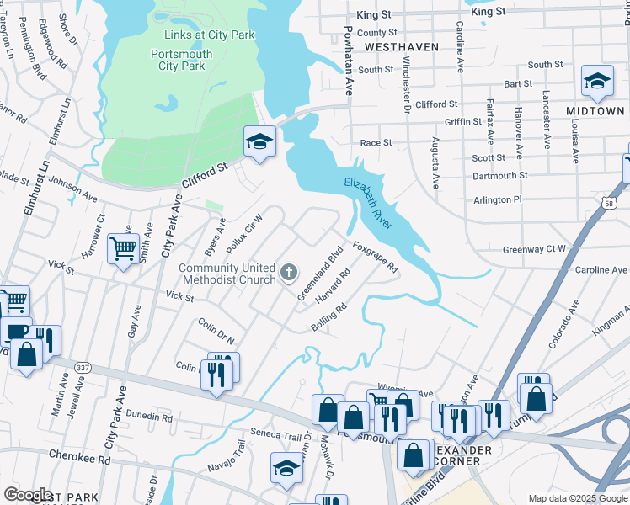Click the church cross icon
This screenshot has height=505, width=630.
tap(289, 271)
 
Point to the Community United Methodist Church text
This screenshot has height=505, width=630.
tap(227, 274)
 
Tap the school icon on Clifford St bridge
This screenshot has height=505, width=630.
tap(260, 141)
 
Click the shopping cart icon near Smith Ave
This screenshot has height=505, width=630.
tap(124, 248)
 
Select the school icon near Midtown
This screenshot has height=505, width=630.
tap(597, 82)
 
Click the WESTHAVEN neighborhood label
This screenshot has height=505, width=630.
tap(403, 47)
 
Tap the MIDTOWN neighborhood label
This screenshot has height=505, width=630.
tap(595, 110)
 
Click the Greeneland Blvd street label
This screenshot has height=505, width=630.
tap(321, 272)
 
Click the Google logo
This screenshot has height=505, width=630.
tap(28, 494)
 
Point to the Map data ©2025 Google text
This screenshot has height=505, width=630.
tap(577, 498)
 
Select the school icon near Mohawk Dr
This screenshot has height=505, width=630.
tap(286, 468)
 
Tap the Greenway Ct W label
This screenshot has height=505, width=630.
tap(534, 249)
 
